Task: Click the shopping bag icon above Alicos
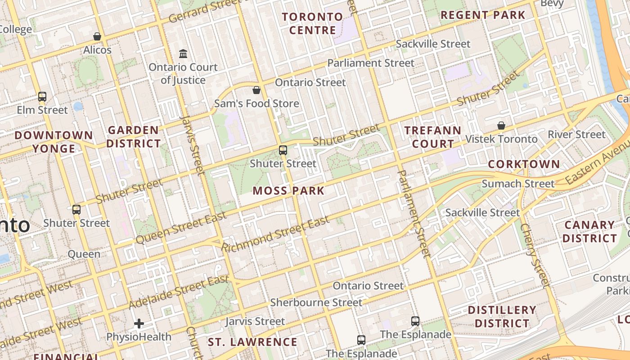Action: click(97, 36)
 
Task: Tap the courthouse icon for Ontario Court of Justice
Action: click(183, 54)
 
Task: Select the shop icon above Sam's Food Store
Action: click(256, 90)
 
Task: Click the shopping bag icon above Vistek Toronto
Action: click(501, 126)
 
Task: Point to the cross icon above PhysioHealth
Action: click(139, 323)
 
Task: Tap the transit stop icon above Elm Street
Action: click(42, 96)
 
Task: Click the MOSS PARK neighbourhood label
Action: click(288, 190)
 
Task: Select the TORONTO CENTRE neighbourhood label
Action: click(312, 23)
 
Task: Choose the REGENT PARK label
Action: click(482, 15)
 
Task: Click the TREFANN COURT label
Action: click(432, 137)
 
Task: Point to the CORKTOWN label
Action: click(524, 164)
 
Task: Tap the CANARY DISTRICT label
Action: click(590, 231)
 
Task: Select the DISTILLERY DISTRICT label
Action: click(502, 316)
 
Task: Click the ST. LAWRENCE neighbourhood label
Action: click(252, 342)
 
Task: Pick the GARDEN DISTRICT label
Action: click(134, 137)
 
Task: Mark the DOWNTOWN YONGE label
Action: click(54, 142)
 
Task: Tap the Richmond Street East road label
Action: click(275, 234)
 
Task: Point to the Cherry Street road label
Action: click(535, 255)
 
